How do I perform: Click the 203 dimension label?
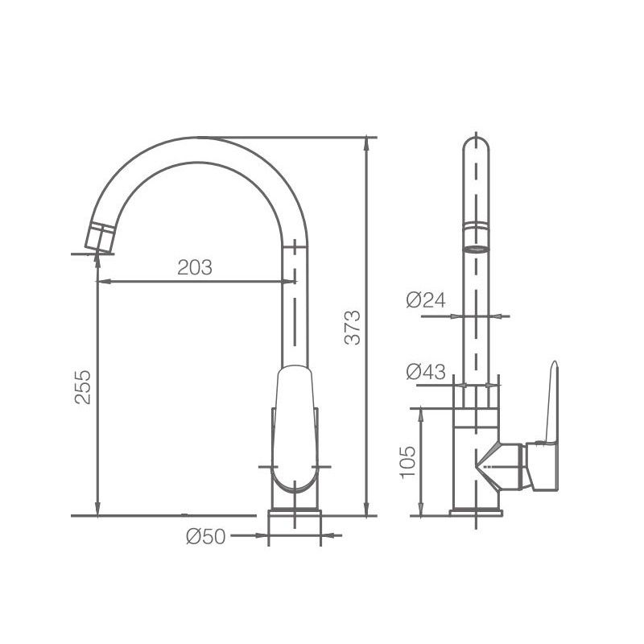point(195,267)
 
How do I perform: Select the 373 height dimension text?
point(353,328)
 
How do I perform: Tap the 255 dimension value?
point(83,387)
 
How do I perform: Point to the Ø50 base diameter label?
point(206,536)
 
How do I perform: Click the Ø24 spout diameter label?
point(426,300)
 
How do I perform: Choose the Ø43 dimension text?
point(426,372)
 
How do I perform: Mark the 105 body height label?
point(408,461)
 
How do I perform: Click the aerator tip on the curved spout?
point(99,237)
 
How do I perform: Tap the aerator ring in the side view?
point(476,237)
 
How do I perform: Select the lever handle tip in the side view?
point(555,364)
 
